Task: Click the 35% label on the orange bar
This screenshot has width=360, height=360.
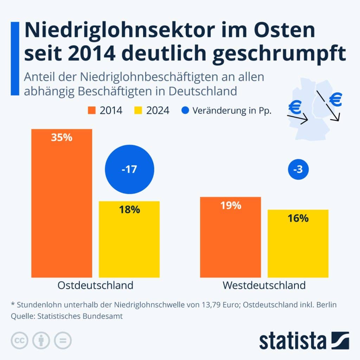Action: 62,137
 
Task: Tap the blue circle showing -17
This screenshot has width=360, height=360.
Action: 129,170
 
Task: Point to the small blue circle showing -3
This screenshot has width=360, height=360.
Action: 298,170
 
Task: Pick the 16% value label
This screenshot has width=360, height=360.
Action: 298,218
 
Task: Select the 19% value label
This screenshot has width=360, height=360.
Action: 231,205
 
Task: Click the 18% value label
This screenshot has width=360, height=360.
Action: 129,210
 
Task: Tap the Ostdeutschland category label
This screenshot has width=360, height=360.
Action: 95,285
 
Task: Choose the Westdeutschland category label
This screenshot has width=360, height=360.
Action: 264,285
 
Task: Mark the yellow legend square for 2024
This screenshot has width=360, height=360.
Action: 138,111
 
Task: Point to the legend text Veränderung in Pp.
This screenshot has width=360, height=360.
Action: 232,111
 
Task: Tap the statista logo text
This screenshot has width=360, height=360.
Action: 293,341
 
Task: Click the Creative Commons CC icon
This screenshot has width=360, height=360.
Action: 20,340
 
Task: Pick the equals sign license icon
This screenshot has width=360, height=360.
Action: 62,340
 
